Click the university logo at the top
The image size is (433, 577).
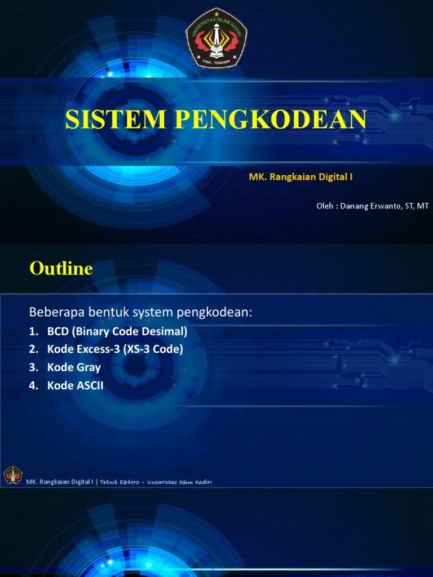216,38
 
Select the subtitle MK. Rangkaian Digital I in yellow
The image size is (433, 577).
301,177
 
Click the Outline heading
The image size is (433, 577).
61,268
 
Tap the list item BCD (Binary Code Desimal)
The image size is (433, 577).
117,331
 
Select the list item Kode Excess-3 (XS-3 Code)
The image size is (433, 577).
115,349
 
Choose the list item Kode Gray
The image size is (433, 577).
74,367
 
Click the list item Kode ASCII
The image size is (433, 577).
76,385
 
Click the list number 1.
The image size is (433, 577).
33,331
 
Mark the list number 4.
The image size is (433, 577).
33,385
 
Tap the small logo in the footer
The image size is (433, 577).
12,475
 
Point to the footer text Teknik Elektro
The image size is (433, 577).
121,482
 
